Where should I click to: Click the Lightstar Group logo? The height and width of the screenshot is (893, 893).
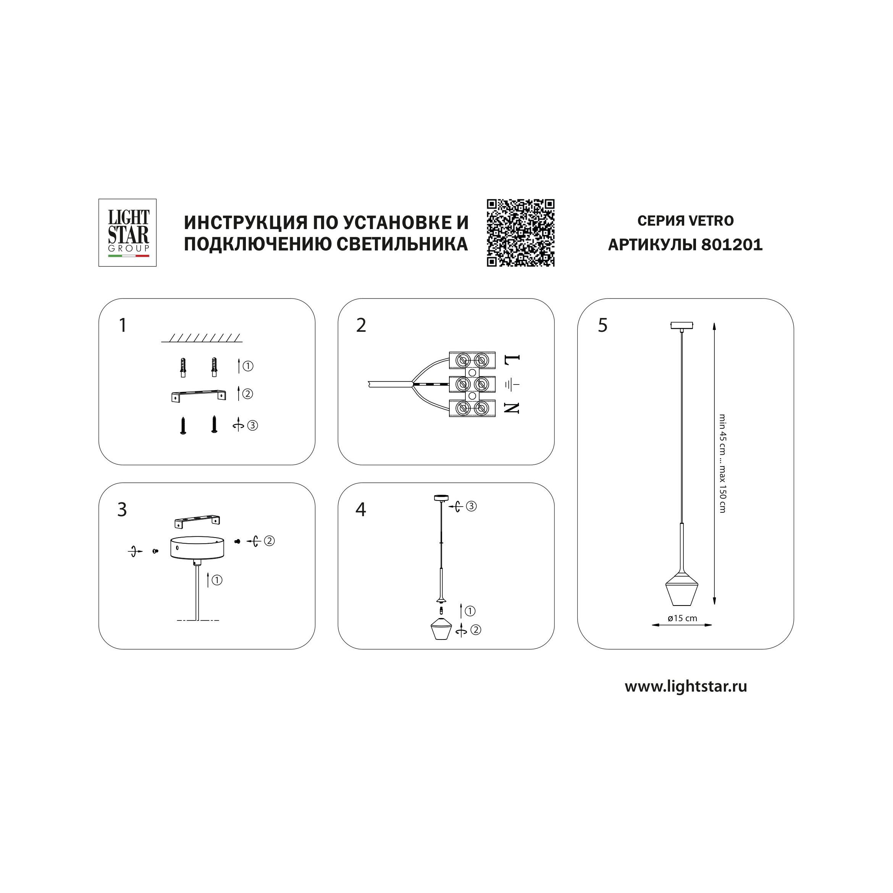[128, 233]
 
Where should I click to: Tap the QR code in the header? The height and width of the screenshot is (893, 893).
[520, 233]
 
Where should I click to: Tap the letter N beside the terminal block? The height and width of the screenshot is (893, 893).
[512, 408]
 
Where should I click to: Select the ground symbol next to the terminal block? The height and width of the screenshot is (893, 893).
[512, 384]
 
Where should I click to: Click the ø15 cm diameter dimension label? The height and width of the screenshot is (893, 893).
[683, 618]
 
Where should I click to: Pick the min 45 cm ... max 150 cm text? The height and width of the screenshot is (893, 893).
[722, 463]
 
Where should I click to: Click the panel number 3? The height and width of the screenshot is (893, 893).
[122, 510]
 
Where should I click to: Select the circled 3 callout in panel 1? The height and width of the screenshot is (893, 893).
[252, 425]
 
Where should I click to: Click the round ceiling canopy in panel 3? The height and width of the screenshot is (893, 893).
[197, 548]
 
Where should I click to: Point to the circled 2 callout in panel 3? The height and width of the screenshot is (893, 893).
[269, 540]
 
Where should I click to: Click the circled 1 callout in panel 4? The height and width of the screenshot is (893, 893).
[470, 611]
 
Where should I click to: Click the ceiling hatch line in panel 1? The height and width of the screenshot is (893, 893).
[202, 338]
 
